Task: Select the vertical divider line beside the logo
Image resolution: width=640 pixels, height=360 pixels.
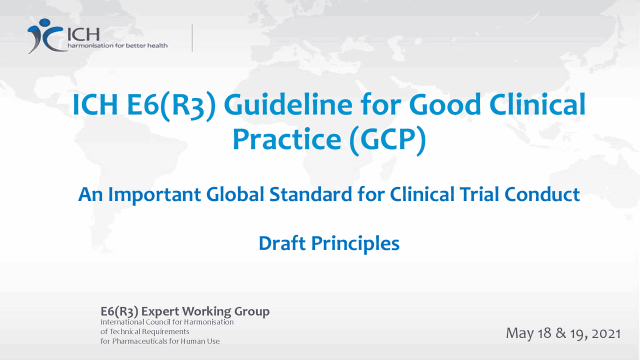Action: (192, 37)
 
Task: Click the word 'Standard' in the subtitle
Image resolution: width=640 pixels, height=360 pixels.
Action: (311, 194)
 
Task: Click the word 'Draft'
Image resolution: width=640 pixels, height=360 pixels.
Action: (281, 243)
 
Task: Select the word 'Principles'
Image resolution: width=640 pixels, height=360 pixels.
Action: (355, 243)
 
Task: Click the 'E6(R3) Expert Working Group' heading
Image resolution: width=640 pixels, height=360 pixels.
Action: (185, 311)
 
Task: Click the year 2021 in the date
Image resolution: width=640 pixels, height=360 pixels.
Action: (606, 333)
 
